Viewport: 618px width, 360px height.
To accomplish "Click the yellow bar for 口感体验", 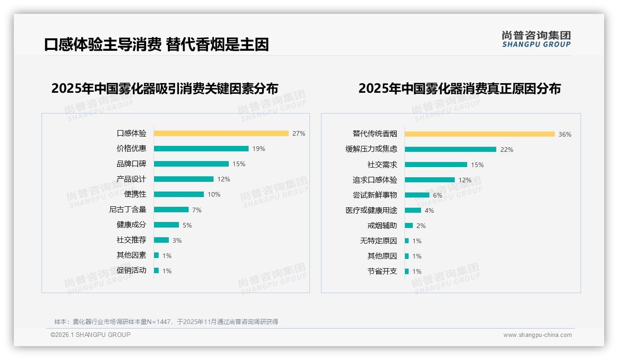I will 221,133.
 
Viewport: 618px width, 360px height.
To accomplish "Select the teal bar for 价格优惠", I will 201,149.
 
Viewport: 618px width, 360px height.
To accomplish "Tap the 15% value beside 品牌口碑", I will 239,164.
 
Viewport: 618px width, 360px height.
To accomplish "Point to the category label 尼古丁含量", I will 128,210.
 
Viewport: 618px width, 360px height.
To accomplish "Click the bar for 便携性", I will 178,194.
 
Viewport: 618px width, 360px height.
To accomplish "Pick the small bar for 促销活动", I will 156,270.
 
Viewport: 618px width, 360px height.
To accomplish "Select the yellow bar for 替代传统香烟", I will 480,134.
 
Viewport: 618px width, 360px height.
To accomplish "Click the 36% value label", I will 565,134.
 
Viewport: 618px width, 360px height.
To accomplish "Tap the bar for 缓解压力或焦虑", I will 450,149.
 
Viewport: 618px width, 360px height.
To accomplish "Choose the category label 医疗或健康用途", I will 371,210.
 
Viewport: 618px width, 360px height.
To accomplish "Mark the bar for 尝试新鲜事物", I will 417,195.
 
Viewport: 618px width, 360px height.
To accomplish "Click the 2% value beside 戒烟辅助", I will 421,226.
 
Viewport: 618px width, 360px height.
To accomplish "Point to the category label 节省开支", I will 382,271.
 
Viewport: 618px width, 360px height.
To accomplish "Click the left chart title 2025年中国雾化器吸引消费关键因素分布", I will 165,88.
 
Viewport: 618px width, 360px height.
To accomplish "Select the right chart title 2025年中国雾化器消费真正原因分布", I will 459,88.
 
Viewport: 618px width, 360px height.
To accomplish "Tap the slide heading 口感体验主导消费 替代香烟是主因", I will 156,44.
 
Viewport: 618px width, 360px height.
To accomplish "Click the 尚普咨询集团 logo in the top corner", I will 536,39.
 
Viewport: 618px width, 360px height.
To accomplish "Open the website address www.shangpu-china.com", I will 537,335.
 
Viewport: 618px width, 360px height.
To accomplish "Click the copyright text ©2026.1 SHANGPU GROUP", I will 90,335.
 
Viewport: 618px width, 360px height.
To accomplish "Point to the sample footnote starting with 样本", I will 166,322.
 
